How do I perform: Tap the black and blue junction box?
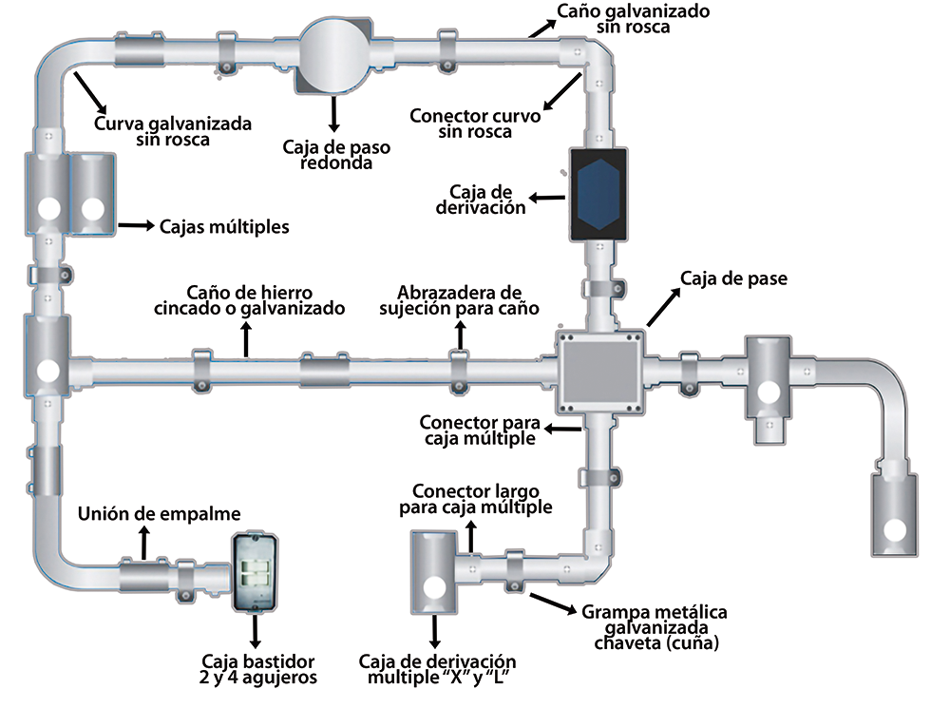click(596, 194)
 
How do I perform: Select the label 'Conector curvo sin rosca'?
click(475, 124)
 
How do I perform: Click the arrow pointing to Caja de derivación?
click(547, 199)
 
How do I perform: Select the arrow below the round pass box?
click(333, 113)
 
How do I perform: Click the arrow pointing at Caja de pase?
click(662, 308)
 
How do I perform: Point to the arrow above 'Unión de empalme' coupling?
click(143, 544)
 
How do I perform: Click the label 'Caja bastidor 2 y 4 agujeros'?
click(258, 669)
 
